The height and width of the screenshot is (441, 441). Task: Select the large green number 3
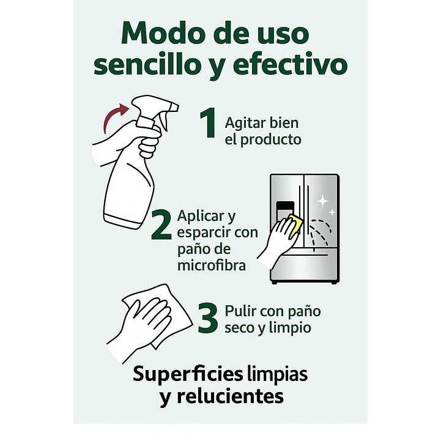(208, 319)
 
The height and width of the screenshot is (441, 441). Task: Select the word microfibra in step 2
(207, 266)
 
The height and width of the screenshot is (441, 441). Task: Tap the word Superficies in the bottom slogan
(180, 373)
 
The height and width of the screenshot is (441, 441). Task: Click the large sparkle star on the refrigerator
(322, 200)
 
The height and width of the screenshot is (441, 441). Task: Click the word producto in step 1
(270, 139)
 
